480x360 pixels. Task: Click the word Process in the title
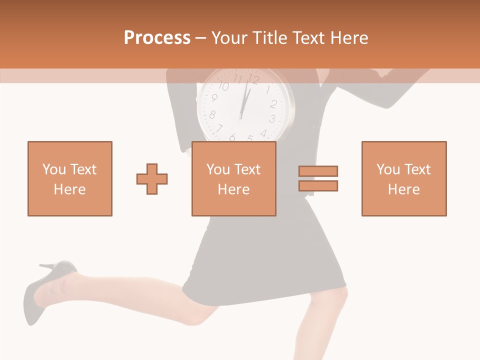point(157,37)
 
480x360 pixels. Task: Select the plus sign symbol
point(152,179)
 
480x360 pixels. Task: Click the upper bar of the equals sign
point(318,171)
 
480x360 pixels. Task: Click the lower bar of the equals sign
point(318,185)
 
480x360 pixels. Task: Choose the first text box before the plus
point(69,178)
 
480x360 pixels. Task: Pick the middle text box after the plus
point(233,178)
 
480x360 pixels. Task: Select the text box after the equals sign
point(403,178)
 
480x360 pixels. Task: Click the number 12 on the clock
point(253,79)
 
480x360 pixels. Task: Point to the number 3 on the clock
point(272,119)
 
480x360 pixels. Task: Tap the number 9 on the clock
point(214,98)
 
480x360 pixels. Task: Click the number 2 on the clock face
point(273,104)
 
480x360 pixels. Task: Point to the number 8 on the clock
point(212,115)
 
